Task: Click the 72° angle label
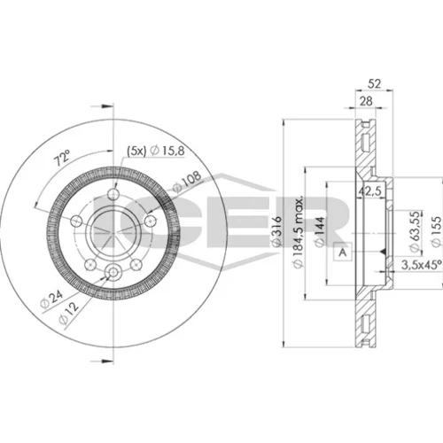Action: click(62, 158)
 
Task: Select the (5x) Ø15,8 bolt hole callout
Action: click(156, 151)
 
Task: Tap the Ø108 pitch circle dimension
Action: click(187, 182)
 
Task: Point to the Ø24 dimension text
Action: click(52, 299)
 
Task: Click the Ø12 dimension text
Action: click(69, 313)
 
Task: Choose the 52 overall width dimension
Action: click(374, 84)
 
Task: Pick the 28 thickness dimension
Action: click(366, 101)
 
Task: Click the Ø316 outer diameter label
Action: click(276, 231)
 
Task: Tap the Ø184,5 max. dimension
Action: click(299, 232)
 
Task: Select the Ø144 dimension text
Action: click(320, 231)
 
